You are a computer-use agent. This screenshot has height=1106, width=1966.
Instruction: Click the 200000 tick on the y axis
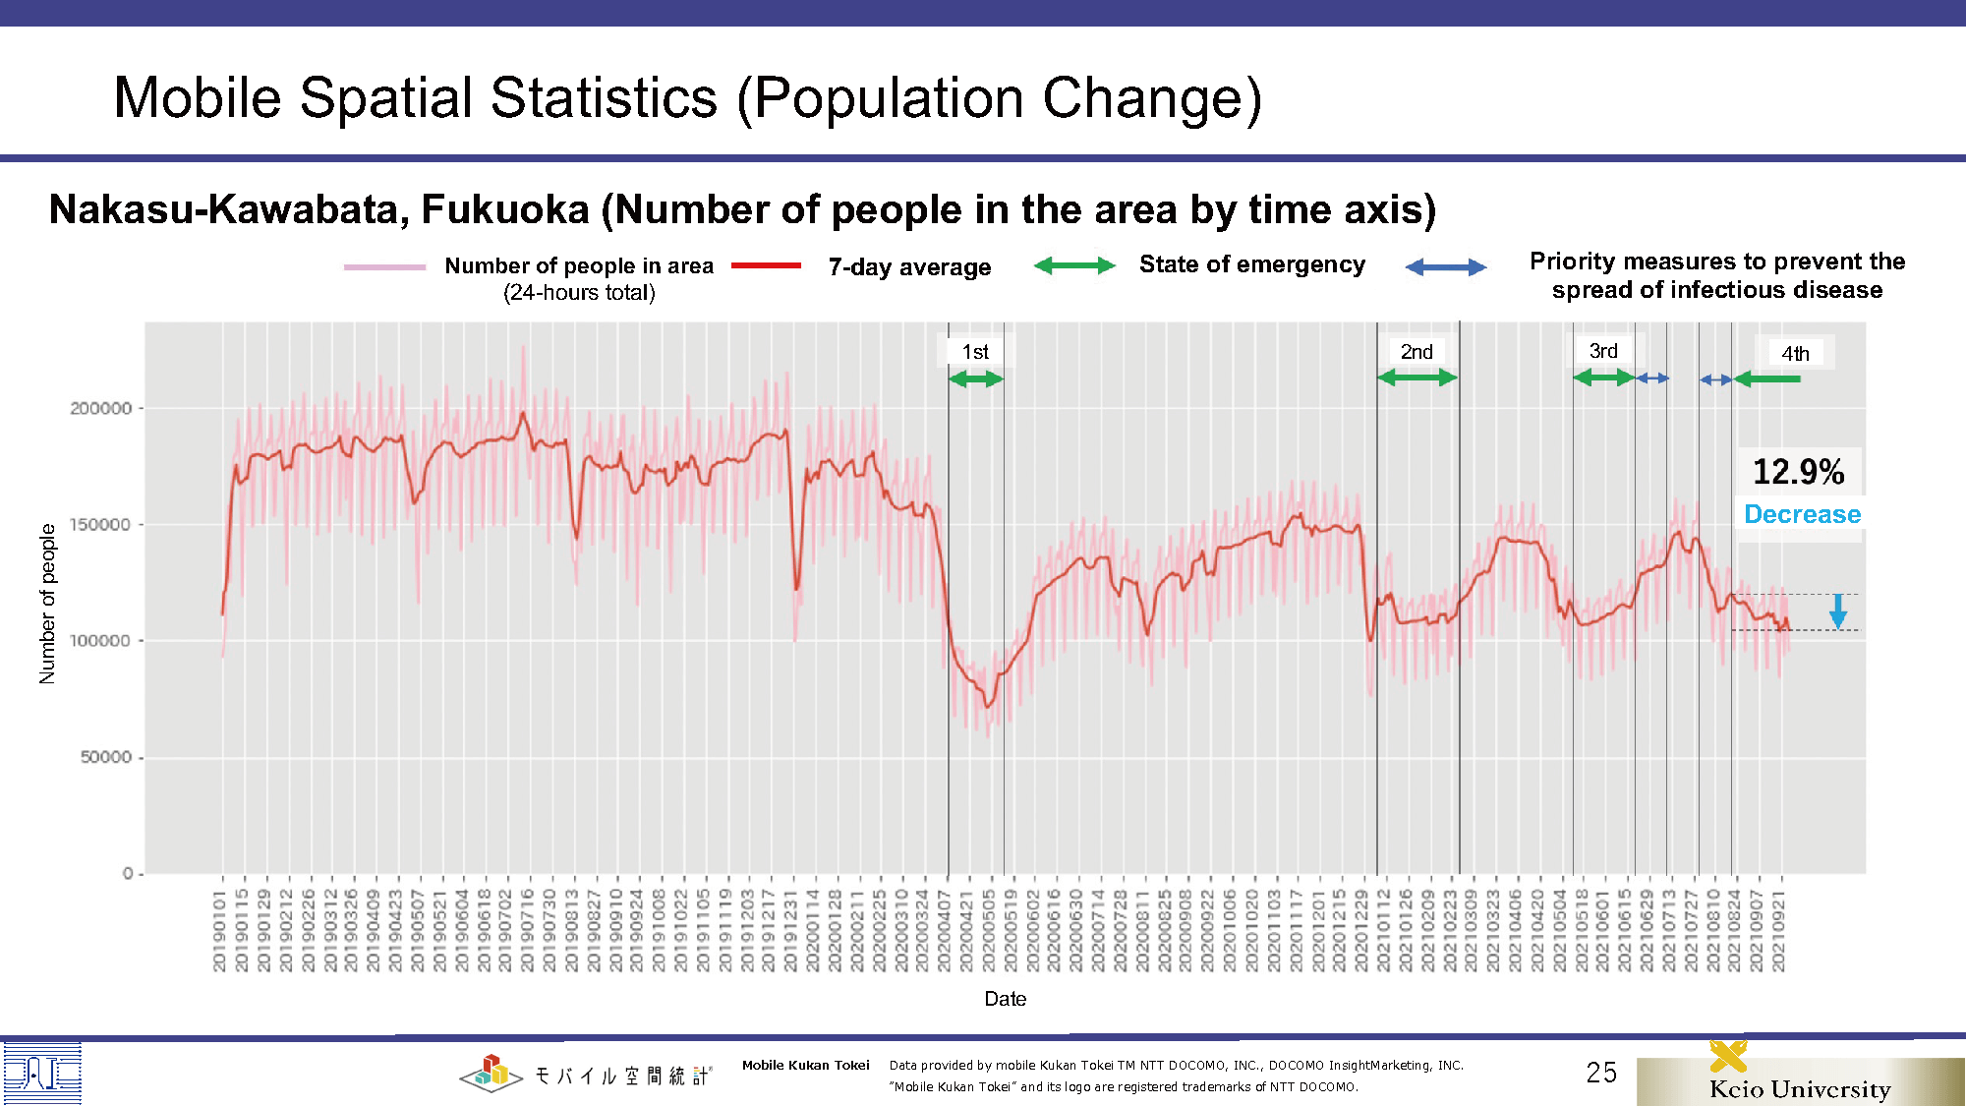pyautogui.click(x=101, y=408)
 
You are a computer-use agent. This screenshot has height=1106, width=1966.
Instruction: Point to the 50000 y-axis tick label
pyautogui.click(x=106, y=757)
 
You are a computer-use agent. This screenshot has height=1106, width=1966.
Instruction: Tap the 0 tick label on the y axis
pyautogui.click(x=128, y=873)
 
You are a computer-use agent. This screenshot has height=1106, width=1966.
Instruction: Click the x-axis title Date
pyautogui.click(x=1005, y=999)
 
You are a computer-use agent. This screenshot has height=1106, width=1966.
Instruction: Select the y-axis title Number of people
pyautogui.click(x=47, y=603)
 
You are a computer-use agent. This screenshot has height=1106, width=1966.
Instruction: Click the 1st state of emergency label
pyautogui.click(x=975, y=352)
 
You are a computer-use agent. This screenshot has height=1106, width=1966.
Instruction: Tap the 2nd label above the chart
pyautogui.click(x=1417, y=352)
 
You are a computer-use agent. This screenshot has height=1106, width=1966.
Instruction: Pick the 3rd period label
pyautogui.click(x=1603, y=351)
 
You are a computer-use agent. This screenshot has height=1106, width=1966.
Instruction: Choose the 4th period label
pyautogui.click(x=1795, y=353)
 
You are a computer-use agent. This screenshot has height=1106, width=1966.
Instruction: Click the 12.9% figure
pyautogui.click(x=1799, y=472)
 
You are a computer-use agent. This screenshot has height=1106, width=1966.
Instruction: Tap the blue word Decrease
pyautogui.click(x=1802, y=514)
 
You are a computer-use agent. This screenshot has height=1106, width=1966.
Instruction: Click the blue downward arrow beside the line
pyautogui.click(x=1837, y=611)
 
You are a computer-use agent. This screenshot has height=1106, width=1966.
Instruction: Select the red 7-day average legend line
pyautogui.click(x=766, y=265)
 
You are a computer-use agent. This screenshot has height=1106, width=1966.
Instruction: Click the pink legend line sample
pyautogui.click(x=384, y=266)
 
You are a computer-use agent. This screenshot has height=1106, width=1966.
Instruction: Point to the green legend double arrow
pyautogui.click(x=1074, y=265)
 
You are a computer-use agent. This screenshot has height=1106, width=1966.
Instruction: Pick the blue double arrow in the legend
pyautogui.click(x=1445, y=267)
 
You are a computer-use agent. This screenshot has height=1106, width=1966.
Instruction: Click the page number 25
pyautogui.click(x=1601, y=1073)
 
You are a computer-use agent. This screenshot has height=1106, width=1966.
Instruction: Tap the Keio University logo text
pyautogui.click(x=1800, y=1088)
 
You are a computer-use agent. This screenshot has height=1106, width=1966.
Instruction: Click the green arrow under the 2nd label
pyautogui.click(x=1417, y=378)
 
